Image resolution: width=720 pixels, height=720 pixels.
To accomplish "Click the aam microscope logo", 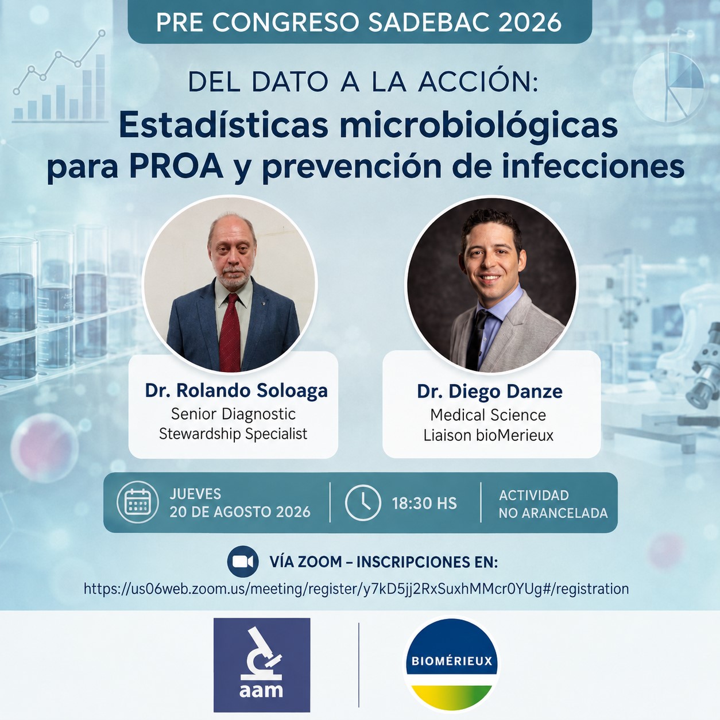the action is [x=262, y=665].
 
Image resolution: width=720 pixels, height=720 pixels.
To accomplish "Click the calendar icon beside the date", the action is [x=137, y=502].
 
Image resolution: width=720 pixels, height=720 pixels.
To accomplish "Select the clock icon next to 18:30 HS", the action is [x=363, y=502].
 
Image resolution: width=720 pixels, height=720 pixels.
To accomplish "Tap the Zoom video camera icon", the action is [x=243, y=562].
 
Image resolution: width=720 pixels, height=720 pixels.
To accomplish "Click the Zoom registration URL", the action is [x=356, y=589].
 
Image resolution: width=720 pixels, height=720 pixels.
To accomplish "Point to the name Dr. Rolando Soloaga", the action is [x=236, y=391].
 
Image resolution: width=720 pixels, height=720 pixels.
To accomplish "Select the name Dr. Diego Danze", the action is [x=490, y=392].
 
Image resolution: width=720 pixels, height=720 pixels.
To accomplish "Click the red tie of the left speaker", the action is [x=230, y=332].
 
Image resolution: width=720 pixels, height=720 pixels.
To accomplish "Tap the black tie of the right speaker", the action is [x=477, y=339].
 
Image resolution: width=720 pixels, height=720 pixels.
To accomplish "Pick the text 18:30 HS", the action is [x=424, y=504].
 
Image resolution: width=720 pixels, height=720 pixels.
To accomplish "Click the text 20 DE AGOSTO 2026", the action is [x=240, y=512].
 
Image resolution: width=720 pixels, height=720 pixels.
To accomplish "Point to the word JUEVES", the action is [x=195, y=494].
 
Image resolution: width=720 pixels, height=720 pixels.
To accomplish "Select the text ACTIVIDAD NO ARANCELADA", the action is [x=553, y=504].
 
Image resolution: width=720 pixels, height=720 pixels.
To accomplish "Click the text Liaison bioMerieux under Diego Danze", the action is [x=489, y=435].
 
